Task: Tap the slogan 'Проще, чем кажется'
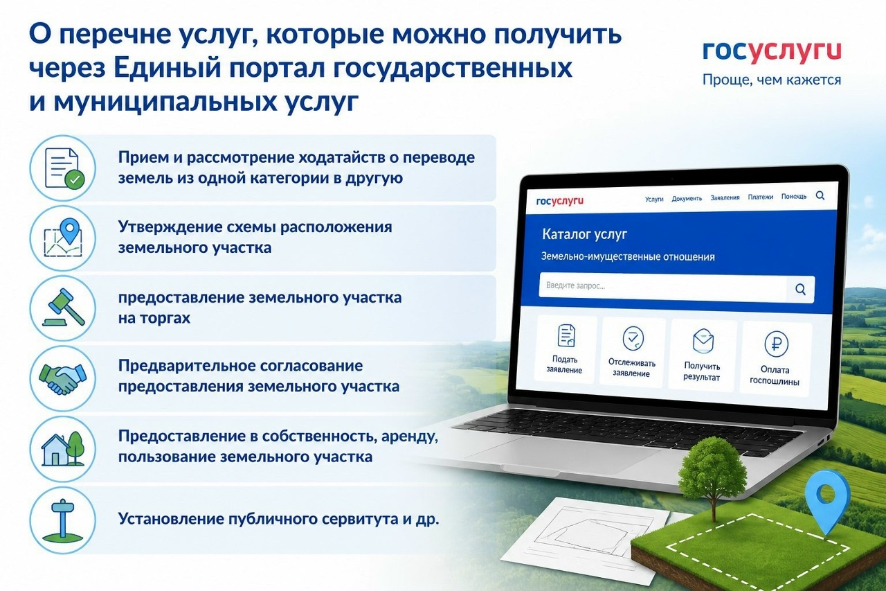click(772, 80)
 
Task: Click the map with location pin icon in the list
click(63, 238)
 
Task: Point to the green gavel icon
click(63, 308)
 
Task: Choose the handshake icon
click(63, 378)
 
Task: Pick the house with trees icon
click(63, 448)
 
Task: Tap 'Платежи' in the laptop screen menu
click(760, 197)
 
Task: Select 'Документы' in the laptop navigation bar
click(687, 198)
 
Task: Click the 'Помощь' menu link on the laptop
click(793, 196)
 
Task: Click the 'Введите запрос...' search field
click(662, 287)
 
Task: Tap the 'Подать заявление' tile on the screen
click(566, 349)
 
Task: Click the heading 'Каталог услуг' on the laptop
click(584, 234)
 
